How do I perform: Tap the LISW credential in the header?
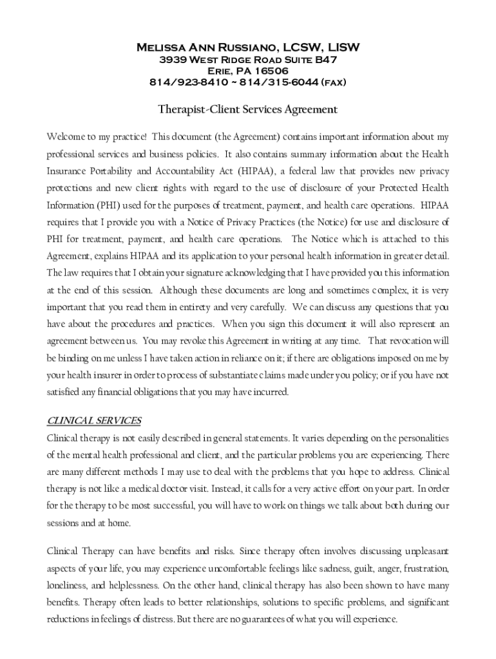343,48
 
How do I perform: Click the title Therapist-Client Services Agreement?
248,109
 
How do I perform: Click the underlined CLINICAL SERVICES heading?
94,421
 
